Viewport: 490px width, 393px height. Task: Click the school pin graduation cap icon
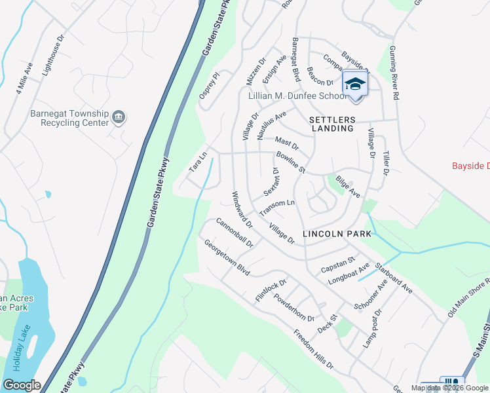355,84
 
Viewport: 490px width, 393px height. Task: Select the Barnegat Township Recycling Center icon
119,117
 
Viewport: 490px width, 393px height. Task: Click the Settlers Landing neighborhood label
331,124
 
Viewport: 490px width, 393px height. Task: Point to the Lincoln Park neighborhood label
337,234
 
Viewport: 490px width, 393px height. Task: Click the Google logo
22,385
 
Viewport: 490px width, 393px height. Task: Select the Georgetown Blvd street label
227,259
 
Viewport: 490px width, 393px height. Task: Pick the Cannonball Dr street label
235,233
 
